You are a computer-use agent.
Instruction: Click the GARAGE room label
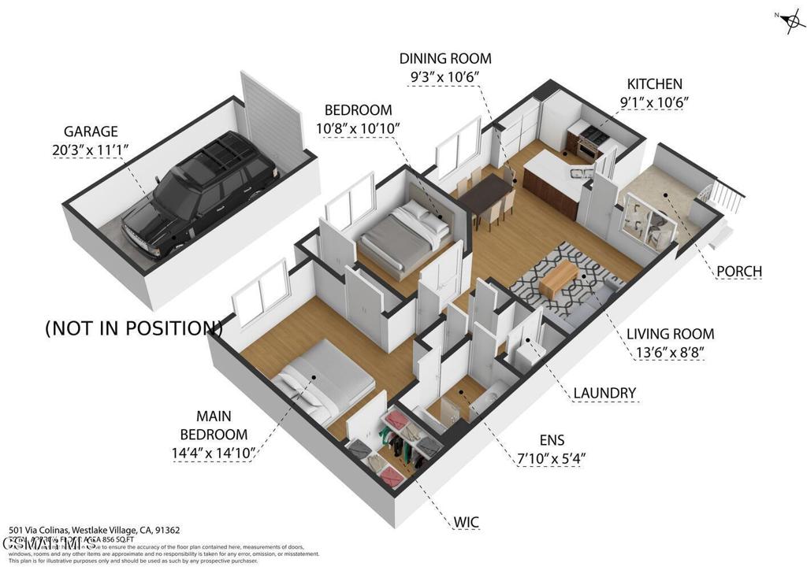pos(91,131)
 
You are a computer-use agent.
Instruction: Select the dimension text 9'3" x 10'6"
pos(444,76)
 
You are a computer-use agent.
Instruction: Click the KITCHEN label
pos(654,83)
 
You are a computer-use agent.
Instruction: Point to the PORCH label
pos(739,272)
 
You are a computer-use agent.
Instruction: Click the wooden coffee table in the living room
pos(560,276)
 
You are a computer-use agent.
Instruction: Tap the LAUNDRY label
pos(604,393)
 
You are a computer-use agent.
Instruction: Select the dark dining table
pos(485,195)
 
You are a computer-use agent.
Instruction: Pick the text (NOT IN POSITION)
pos(133,328)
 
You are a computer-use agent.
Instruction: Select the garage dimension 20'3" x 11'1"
pos(91,150)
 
